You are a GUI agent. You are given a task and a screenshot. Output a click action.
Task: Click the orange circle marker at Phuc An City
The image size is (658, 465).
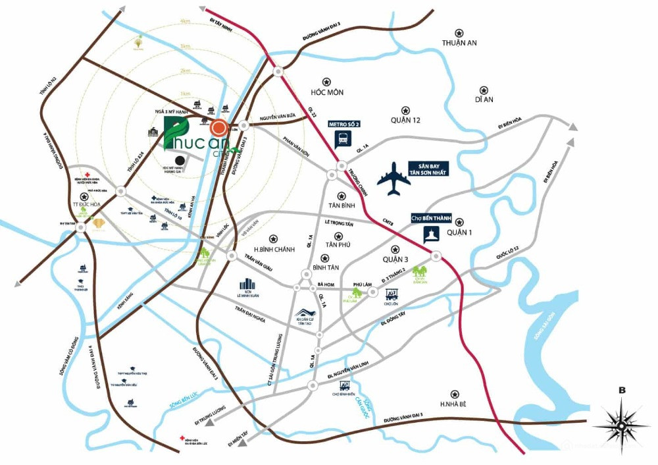coord(218,127)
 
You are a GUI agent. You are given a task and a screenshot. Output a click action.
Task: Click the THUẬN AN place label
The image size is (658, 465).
coord(459,43)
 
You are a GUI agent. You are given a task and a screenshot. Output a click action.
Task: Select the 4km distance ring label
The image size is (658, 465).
coord(186,22)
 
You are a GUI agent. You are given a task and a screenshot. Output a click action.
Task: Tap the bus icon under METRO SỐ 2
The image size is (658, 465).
coord(343,139)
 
